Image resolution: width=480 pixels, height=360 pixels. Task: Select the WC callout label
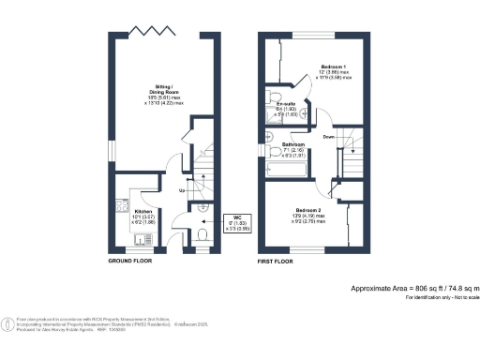coord(237,220)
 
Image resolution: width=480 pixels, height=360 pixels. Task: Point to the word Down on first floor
coord(329,137)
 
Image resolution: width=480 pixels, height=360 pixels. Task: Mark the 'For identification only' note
coord(442,297)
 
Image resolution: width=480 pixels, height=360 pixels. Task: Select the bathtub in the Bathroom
coord(282,170)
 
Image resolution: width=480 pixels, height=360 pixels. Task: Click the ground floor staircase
coord(200,173)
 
